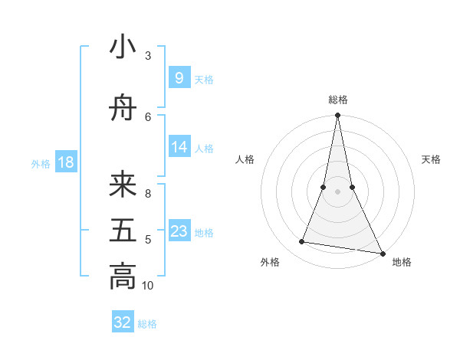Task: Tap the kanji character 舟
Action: pos(123,110)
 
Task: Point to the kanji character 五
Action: pos(123,231)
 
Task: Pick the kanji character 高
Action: pos(123,277)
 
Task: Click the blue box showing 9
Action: pos(179,77)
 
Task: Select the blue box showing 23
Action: pos(179,231)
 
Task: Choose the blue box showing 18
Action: pos(65,162)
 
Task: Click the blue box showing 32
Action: pos(123,322)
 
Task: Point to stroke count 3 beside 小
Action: pos(147,56)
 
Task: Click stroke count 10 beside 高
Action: pos(148,286)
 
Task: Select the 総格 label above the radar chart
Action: pos(338,100)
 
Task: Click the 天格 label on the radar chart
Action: pos(431,159)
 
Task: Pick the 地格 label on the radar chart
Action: pos(402,262)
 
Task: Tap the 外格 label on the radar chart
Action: pos(270,262)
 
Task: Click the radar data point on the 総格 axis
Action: pos(337,116)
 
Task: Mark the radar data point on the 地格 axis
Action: pos(382,253)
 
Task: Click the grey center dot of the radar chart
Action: pos(337,191)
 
